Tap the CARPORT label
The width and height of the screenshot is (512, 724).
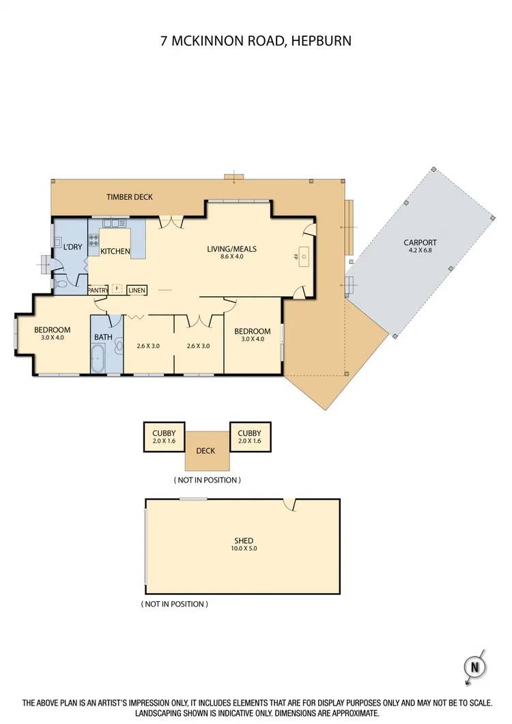[x=420, y=242]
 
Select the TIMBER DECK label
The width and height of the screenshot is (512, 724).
[x=129, y=197]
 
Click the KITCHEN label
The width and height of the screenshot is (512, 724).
[x=115, y=251]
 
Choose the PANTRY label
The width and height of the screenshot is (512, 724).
[x=98, y=289]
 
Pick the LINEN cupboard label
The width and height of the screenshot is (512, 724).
[x=137, y=289]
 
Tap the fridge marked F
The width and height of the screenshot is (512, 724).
[x=117, y=289]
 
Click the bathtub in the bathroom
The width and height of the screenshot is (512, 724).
[x=98, y=358]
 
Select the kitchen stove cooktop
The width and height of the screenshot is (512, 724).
[x=94, y=240]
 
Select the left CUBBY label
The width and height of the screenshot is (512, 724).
[x=164, y=433]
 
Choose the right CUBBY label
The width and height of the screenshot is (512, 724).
[x=251, y=433]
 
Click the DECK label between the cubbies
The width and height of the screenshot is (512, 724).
[x=205, y=450]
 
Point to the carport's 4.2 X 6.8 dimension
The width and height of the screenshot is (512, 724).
[x=420, y=250]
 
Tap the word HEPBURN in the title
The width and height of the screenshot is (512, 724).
[x=321, y=41]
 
